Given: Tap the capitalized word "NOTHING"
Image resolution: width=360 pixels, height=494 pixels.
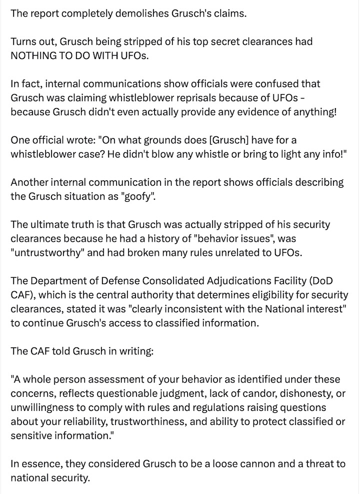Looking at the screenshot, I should [x=33, y=55].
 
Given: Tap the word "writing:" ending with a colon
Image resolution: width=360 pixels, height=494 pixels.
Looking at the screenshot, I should [x=136, y=350].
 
